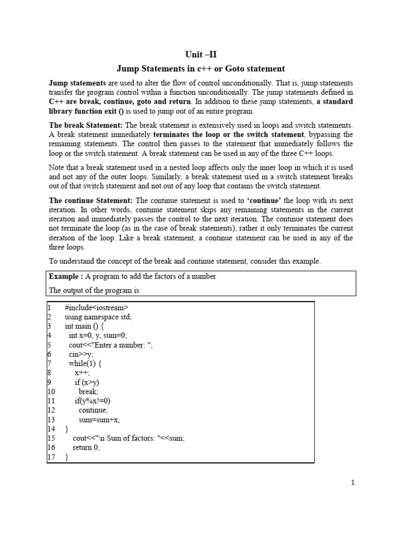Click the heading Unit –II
click(x=201, y=54)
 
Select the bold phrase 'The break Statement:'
click(x=86, y=125)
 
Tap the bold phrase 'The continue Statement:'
click(x=92, y=200)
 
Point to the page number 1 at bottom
click(x=353, y=483)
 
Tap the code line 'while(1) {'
click(x=86, y=363)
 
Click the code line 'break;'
click(x=88, y=391)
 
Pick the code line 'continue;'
click(x=94, y=410)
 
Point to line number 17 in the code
click(x=51, y=457)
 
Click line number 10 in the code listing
click(x=51, y=391)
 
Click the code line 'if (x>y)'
click(x=87, y=382)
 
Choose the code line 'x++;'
click(x=82, y=373)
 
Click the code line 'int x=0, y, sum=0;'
click(x=98, y=336)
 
